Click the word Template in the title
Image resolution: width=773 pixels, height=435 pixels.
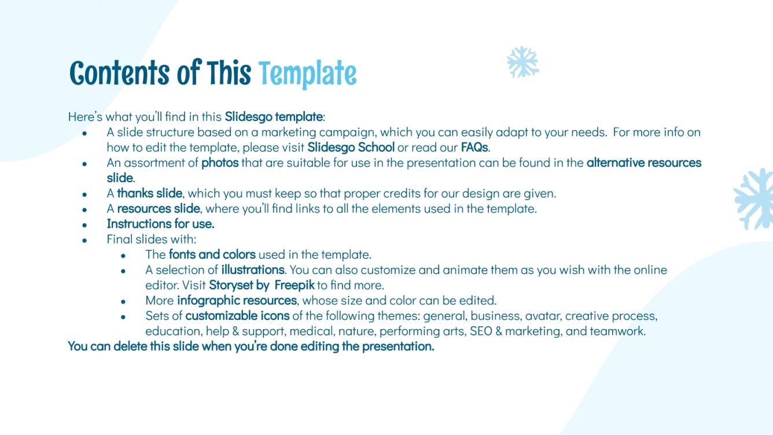click(x=307, y=75)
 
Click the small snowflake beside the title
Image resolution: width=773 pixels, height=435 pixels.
click(x=522, y=62)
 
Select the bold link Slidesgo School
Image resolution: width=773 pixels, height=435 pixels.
click(x=351, y=148)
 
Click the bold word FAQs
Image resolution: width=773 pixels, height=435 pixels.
click(x=474, y=148)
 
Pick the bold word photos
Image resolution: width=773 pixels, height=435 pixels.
click(x=220, y=163)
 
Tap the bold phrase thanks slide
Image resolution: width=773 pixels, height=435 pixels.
click(x=150, y=193)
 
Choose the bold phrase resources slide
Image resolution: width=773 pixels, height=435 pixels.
click(x=159, y=208)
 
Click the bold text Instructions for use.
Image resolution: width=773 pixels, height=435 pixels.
click(x=160, y=223)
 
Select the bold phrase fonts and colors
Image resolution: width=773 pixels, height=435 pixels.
click(x=212, y=254)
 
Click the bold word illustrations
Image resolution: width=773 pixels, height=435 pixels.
click(x=253, y=270)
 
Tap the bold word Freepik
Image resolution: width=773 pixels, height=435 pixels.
click(x=295, y=285)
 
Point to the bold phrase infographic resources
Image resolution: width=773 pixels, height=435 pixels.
click(x=237, y=300)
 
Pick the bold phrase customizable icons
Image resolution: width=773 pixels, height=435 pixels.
click(x=237, y=316)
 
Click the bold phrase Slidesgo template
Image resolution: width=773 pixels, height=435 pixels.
click(x=273, y=116)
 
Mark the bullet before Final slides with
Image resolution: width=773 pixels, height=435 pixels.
click(x=84, y=239)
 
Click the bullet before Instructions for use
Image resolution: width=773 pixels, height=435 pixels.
click(x=84, y=224)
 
